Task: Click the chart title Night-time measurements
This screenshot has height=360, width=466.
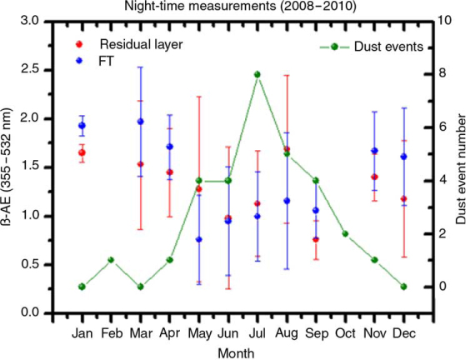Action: pos(240,6)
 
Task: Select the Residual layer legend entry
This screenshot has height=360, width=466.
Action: pos(129,44)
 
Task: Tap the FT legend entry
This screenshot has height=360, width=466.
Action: pos(94,61)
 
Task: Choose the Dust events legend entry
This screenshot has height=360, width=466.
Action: pos(371,47)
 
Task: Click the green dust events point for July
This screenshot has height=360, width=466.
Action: pos(258,74)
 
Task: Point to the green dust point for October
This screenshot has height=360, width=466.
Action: pos(345,234)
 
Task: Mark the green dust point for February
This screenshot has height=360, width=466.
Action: pos(111,260)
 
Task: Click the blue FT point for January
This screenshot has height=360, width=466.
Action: pos(82,125)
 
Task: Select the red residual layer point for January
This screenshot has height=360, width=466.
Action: pos(82,152)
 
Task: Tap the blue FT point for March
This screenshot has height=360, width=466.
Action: pos(140,121)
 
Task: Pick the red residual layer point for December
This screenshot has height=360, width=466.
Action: pos(403,198)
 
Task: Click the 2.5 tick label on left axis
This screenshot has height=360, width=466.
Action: pos(31,70)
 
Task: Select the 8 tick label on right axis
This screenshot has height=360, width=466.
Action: pos(443,73)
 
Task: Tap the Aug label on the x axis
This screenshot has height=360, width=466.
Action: pos(287,333)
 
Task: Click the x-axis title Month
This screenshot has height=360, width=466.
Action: pos(236,353)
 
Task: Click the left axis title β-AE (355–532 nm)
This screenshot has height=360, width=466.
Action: pos(8,167)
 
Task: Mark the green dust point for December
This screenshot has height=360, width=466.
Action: pos(403,287)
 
